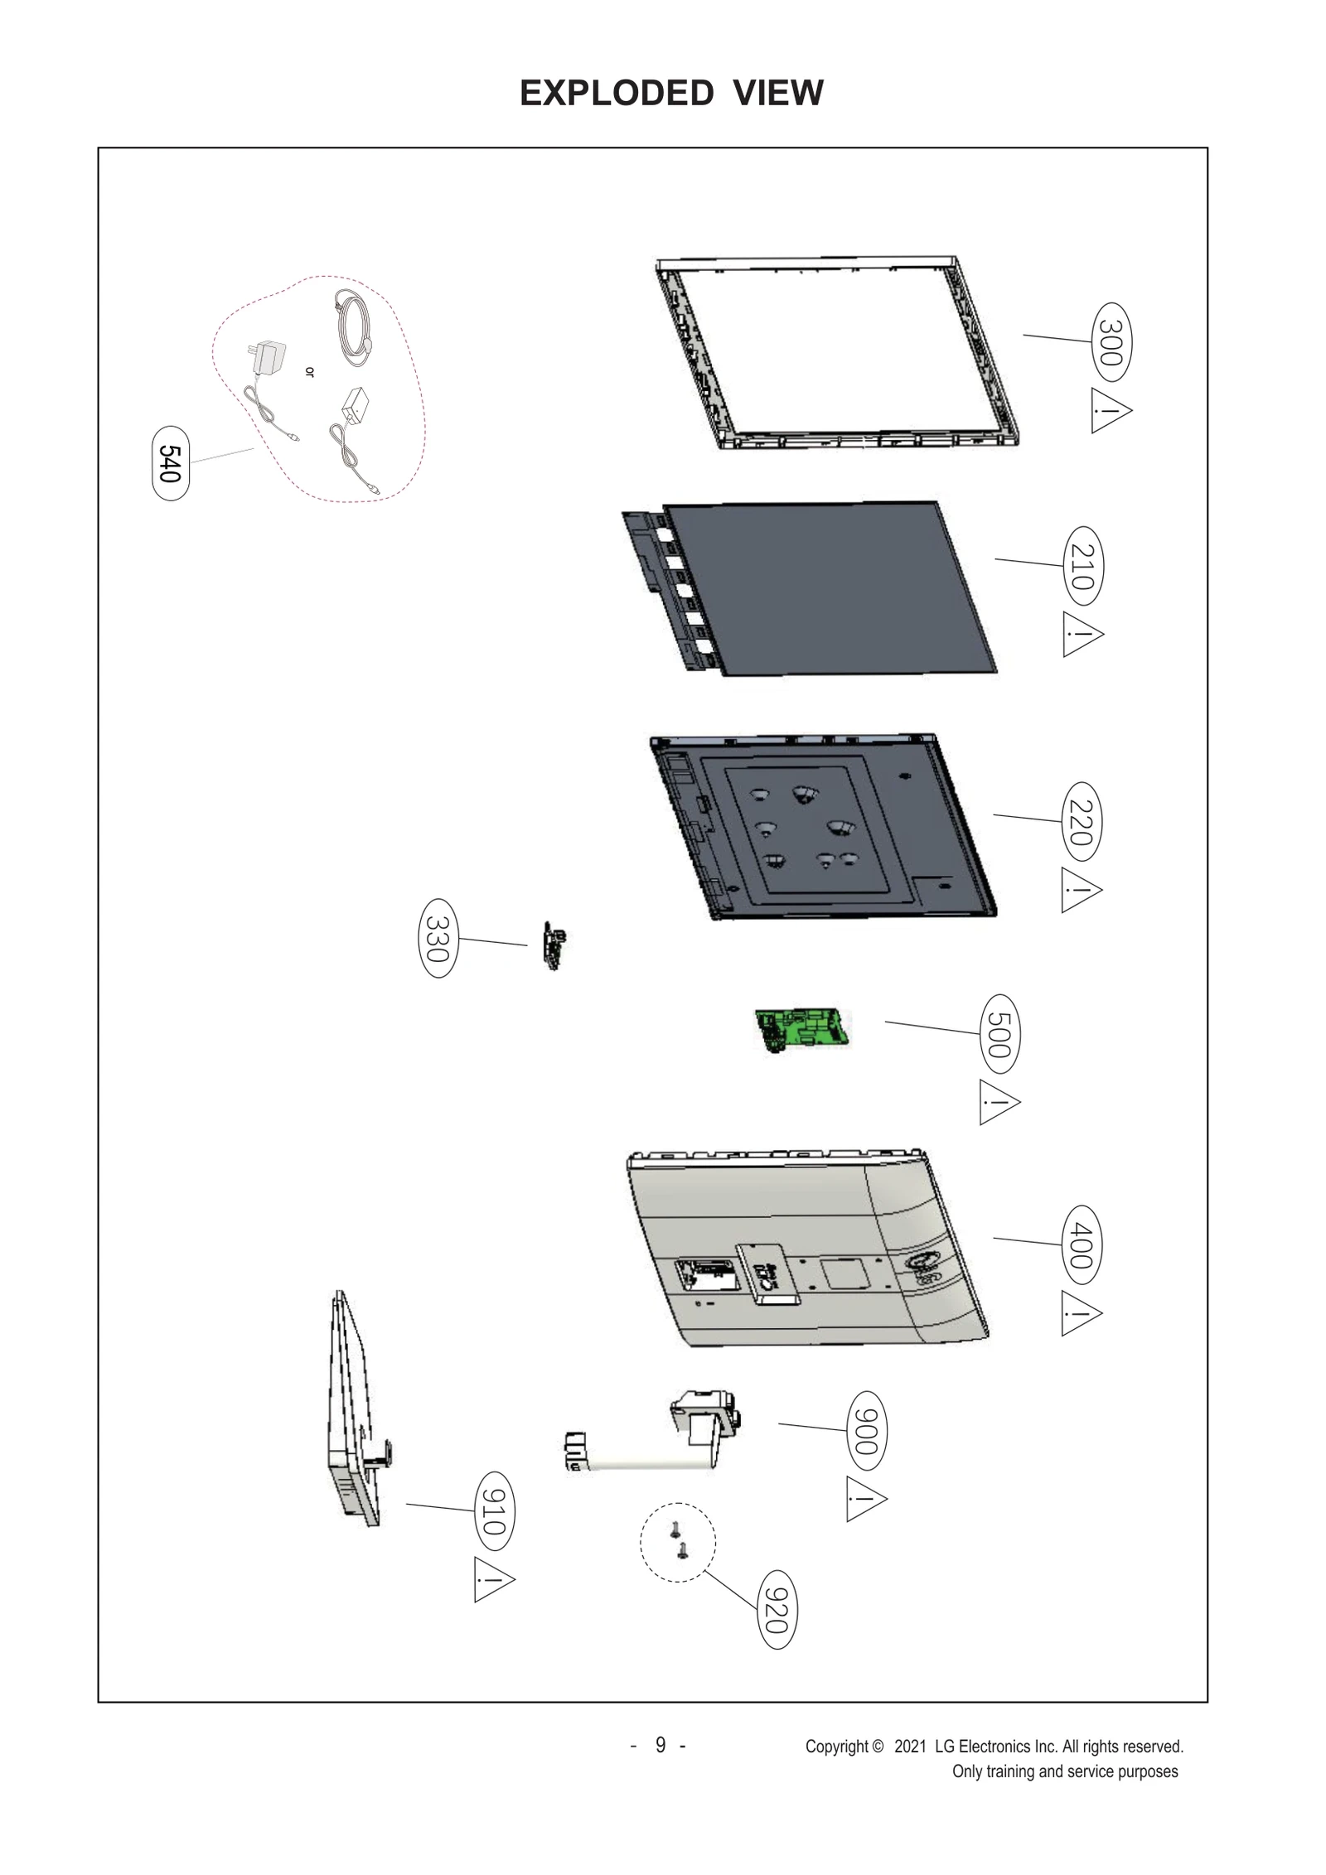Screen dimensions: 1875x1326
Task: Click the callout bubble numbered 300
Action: pos(1112,342)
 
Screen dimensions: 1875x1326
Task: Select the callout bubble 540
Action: pos(171,464)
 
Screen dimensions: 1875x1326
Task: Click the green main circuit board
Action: pos(802,1029)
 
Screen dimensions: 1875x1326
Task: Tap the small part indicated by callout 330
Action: pos(554,945)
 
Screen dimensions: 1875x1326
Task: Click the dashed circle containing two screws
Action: pos(677,1542)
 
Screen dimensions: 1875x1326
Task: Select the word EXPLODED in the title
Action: pos(617,93)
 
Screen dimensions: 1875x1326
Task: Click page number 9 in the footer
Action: pos(660,1744)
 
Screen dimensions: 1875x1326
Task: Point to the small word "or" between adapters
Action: pos(310,372)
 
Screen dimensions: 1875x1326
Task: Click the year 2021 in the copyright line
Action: pos(910,1746)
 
